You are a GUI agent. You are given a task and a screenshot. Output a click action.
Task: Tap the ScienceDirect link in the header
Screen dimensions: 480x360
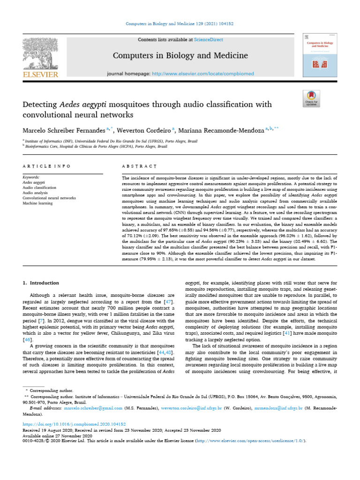[210, 40]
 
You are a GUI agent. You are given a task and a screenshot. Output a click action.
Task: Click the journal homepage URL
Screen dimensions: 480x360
[209, 74]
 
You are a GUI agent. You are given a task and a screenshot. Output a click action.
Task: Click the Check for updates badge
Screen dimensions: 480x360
[311, 100]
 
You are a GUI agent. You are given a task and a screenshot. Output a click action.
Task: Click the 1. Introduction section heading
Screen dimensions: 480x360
[41, 283]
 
